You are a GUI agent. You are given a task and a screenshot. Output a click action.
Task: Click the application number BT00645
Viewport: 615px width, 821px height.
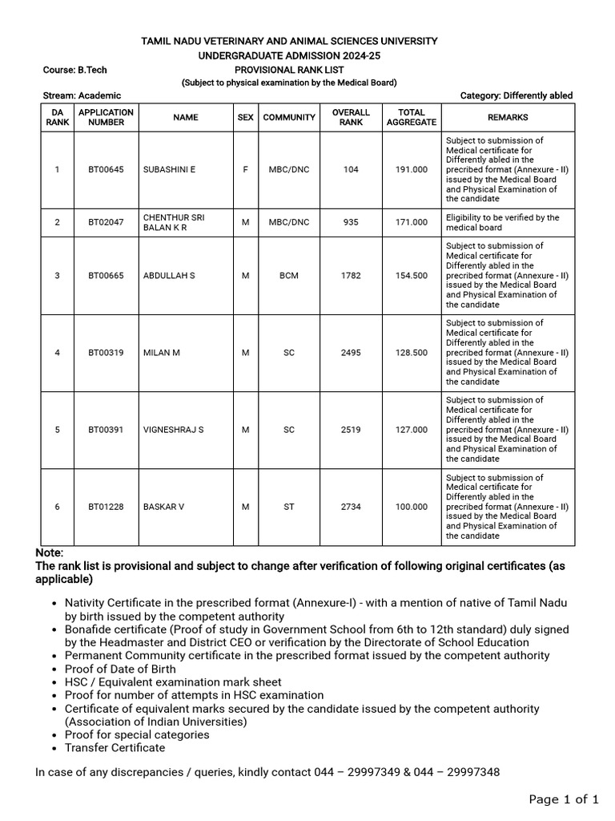106,169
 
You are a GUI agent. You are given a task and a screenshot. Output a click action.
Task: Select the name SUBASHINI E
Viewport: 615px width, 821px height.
169,169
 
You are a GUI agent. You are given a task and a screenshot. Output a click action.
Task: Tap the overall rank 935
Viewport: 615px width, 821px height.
351,222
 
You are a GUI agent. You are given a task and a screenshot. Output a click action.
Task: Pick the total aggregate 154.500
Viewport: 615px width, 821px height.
411,275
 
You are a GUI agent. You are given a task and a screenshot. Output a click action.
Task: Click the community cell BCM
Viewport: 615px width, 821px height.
289,275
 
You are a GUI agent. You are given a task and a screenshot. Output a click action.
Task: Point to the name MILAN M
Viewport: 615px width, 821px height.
162,353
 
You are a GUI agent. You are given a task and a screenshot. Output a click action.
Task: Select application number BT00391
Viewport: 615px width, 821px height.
106,430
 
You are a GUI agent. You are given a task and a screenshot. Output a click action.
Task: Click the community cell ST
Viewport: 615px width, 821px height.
289,507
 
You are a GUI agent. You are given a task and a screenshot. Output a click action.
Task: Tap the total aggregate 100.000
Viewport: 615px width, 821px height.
411,507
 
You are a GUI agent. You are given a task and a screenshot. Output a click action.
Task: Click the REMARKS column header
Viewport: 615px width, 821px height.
508,117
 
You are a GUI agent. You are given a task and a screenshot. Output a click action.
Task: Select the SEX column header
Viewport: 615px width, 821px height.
245,117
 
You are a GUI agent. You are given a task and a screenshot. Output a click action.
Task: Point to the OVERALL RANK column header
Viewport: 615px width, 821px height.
351,117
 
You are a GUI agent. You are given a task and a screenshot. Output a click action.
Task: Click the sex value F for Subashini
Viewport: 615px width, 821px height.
245,169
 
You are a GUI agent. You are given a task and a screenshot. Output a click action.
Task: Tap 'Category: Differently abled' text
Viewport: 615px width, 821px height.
517,95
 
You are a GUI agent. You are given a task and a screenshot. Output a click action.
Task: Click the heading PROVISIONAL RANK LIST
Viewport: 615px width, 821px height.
289,70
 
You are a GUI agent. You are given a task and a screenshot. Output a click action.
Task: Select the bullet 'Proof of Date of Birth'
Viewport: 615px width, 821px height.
120,669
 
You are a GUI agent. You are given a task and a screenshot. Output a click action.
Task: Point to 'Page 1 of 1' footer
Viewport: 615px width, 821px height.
564,799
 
